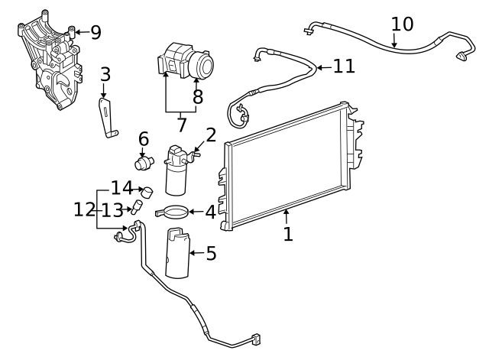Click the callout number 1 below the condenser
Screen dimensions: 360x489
click(287, 234)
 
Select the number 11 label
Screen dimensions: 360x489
click(344, 66)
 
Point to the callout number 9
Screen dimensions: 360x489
click(96, 32)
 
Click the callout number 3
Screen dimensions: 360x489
click(105, 74)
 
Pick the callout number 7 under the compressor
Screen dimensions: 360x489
click(182, 125)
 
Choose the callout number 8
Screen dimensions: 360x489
click(198, 97)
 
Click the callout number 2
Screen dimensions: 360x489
click(211, 135)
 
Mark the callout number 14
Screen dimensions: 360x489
click(121, 187)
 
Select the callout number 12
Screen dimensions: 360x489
click(84, 208)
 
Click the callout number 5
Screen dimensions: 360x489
click(211, 253)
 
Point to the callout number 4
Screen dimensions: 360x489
click(210, 212)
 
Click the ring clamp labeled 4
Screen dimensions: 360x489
click(173, 212)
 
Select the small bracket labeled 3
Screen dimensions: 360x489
click(108, 118)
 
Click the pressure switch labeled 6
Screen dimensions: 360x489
click(143, 163)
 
